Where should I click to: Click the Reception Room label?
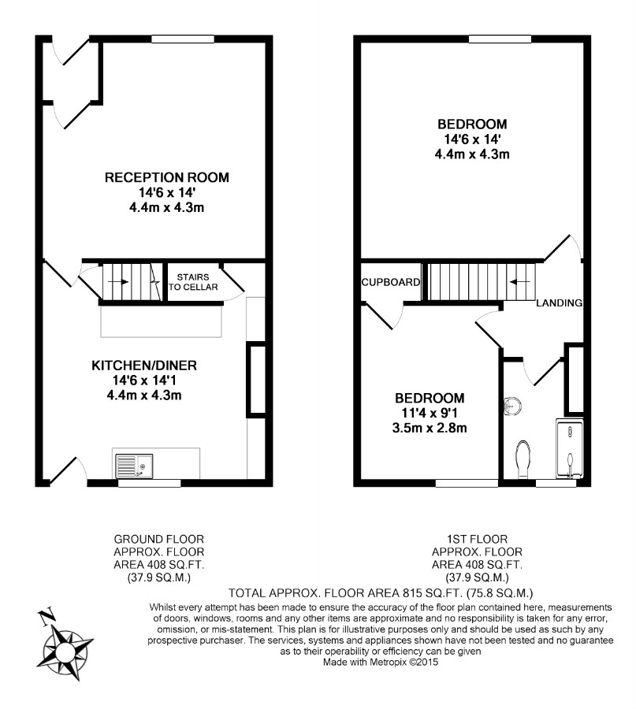(x=167, y=177)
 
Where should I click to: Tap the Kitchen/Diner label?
(x=144, y=366)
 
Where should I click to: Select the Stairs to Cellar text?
(x=193, y=282)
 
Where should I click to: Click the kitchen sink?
(x=134, y=466)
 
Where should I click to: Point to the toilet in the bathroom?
(x=523, y=460)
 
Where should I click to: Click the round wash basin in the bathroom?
(x=512, y=405)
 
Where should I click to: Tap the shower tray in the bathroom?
(x=570, y=448)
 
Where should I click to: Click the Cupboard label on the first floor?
(x=390, y=282)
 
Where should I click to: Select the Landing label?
(x=559, y=303)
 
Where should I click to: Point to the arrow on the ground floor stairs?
(x=118, y=282)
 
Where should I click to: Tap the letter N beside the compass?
(x=46, y=617)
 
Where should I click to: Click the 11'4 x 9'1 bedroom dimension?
(x=430, y=413)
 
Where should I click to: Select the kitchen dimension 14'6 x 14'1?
(x=144, y=380)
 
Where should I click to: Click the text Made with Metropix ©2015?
(x=381, y=663)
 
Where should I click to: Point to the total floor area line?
(x=381, y=592)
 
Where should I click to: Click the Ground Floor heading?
(x=158, y=539)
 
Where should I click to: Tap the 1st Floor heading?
(x=478, y=539)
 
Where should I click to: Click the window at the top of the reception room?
(x=182, y=39)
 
